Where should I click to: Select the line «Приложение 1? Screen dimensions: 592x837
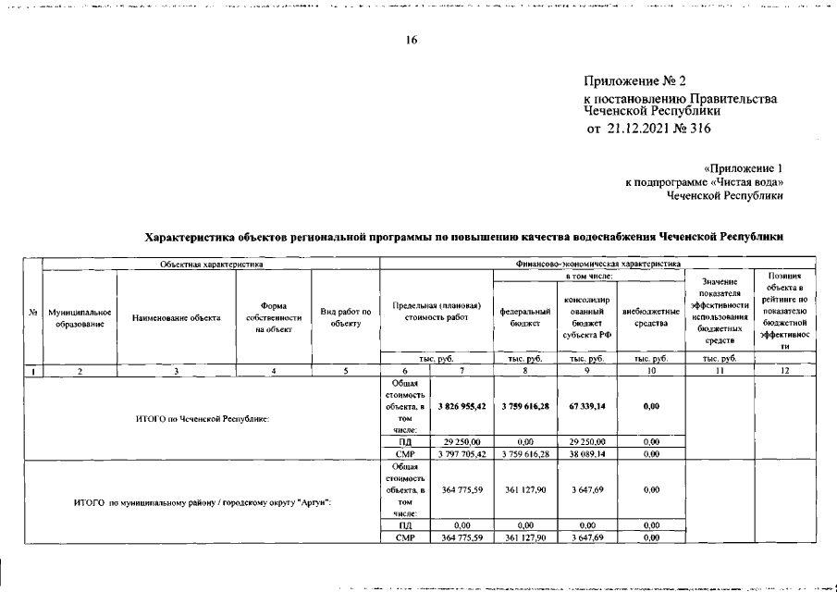743,168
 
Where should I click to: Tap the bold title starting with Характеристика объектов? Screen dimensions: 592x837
465,237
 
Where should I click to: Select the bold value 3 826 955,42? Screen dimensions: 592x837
462,405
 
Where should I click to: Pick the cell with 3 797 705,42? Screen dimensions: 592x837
462,454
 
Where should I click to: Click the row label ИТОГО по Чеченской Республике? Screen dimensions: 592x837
202,418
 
